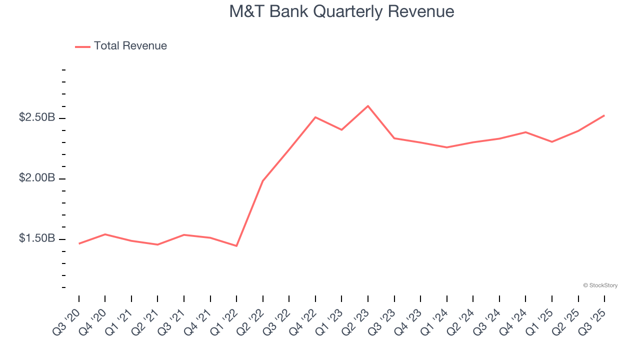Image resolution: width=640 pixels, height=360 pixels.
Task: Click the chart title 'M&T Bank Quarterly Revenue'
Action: (341, 11)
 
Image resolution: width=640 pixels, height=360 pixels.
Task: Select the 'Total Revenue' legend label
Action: (130, 46)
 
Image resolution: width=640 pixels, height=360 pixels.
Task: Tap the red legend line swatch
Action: (82, 46)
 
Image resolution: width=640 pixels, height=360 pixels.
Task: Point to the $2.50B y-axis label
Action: (37, 117)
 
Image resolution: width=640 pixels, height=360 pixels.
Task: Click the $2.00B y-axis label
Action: (37, 178)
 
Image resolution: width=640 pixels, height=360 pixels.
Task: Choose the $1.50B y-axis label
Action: (37, 238)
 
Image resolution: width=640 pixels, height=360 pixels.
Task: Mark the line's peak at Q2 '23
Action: (368, 106)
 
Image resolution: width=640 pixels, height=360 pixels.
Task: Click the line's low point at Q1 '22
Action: (236, 246)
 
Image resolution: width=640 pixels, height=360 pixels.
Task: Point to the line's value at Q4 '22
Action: (315, 117)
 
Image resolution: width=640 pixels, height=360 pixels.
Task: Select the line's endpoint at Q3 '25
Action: (604, 115)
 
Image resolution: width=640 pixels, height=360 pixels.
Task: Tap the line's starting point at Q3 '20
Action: (79, 243)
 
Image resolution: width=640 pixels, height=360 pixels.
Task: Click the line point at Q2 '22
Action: (263, 180)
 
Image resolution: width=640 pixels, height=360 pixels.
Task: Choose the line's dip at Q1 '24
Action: (447, 147)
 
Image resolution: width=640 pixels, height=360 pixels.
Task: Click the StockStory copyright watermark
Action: (600, 285)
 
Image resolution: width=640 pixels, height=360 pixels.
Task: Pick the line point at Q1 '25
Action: (552, 142)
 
